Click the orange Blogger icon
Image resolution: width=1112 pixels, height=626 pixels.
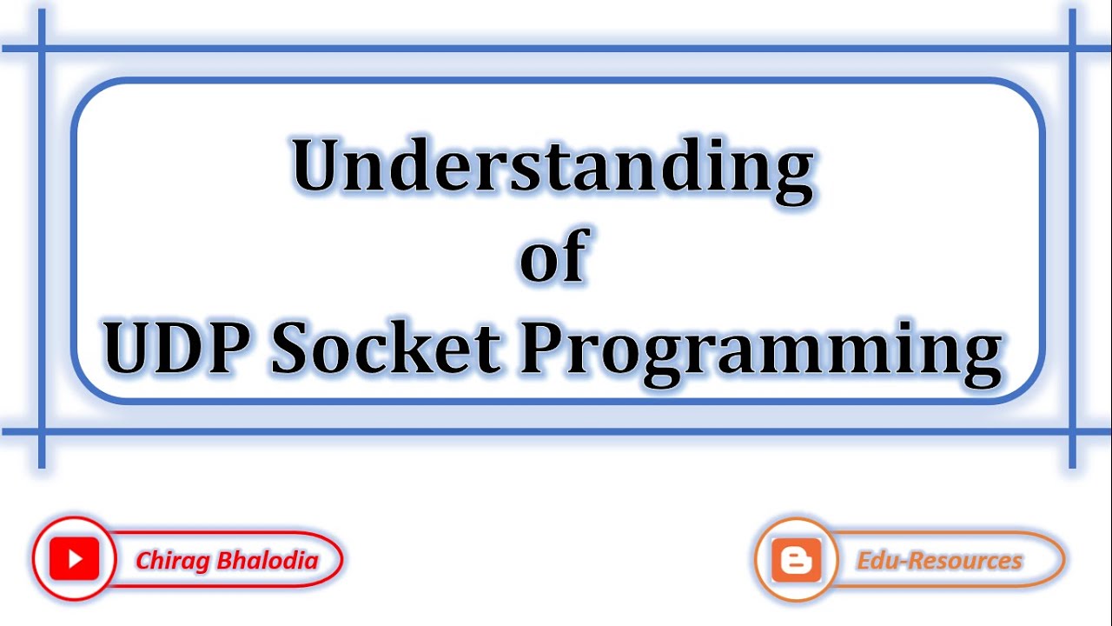(x=796, y=561)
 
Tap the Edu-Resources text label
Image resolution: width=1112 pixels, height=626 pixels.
(x=939, y=561)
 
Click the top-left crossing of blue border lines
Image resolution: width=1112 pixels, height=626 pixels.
(x=42, y=48)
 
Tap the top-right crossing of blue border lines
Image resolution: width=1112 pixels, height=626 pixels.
(x=1072, y=48)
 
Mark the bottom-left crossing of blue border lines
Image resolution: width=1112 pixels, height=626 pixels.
(x=42, y=431)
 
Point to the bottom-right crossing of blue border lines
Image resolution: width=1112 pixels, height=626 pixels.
(x=1072, y=431)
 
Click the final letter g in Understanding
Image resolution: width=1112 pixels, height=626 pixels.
(x=792, y=174)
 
